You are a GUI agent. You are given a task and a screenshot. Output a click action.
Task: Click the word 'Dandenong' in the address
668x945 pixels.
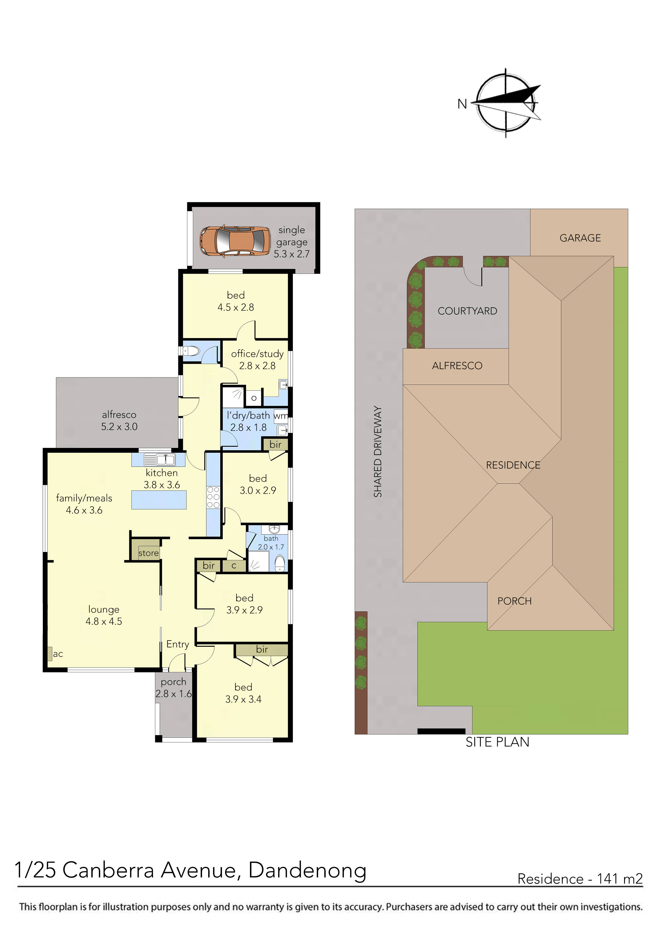307,870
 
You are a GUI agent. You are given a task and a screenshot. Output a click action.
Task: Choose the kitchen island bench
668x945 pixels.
159,500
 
